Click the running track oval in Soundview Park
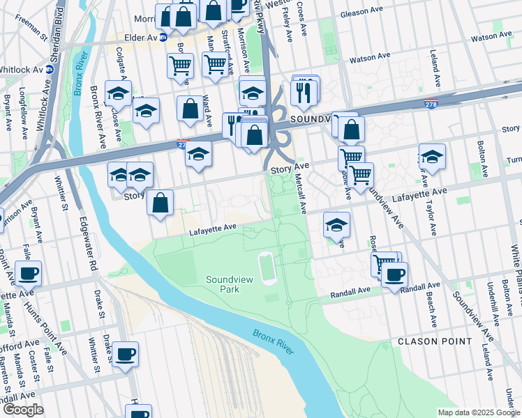pyautogui.click(x=268, y=269)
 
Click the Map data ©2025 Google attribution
pyautogui.click(x=479, y=412)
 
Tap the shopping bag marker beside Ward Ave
pyautogui.click(x=190, y=109)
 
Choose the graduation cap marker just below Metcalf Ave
pyautogui.click(x=336, y=224)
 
